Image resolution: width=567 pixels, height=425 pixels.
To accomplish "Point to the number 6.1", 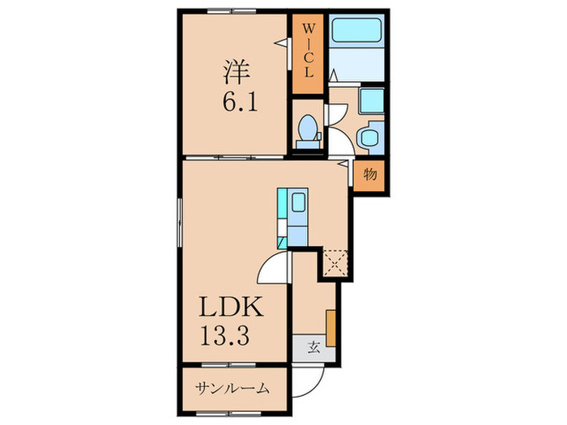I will point(235,104).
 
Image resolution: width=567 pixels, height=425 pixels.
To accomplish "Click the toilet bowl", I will point(308,130).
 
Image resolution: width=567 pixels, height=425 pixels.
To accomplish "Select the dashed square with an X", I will point(335,261).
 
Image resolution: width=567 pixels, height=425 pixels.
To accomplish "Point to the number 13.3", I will point(230,333).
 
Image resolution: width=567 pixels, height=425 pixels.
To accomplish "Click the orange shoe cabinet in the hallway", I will point(331,326).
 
